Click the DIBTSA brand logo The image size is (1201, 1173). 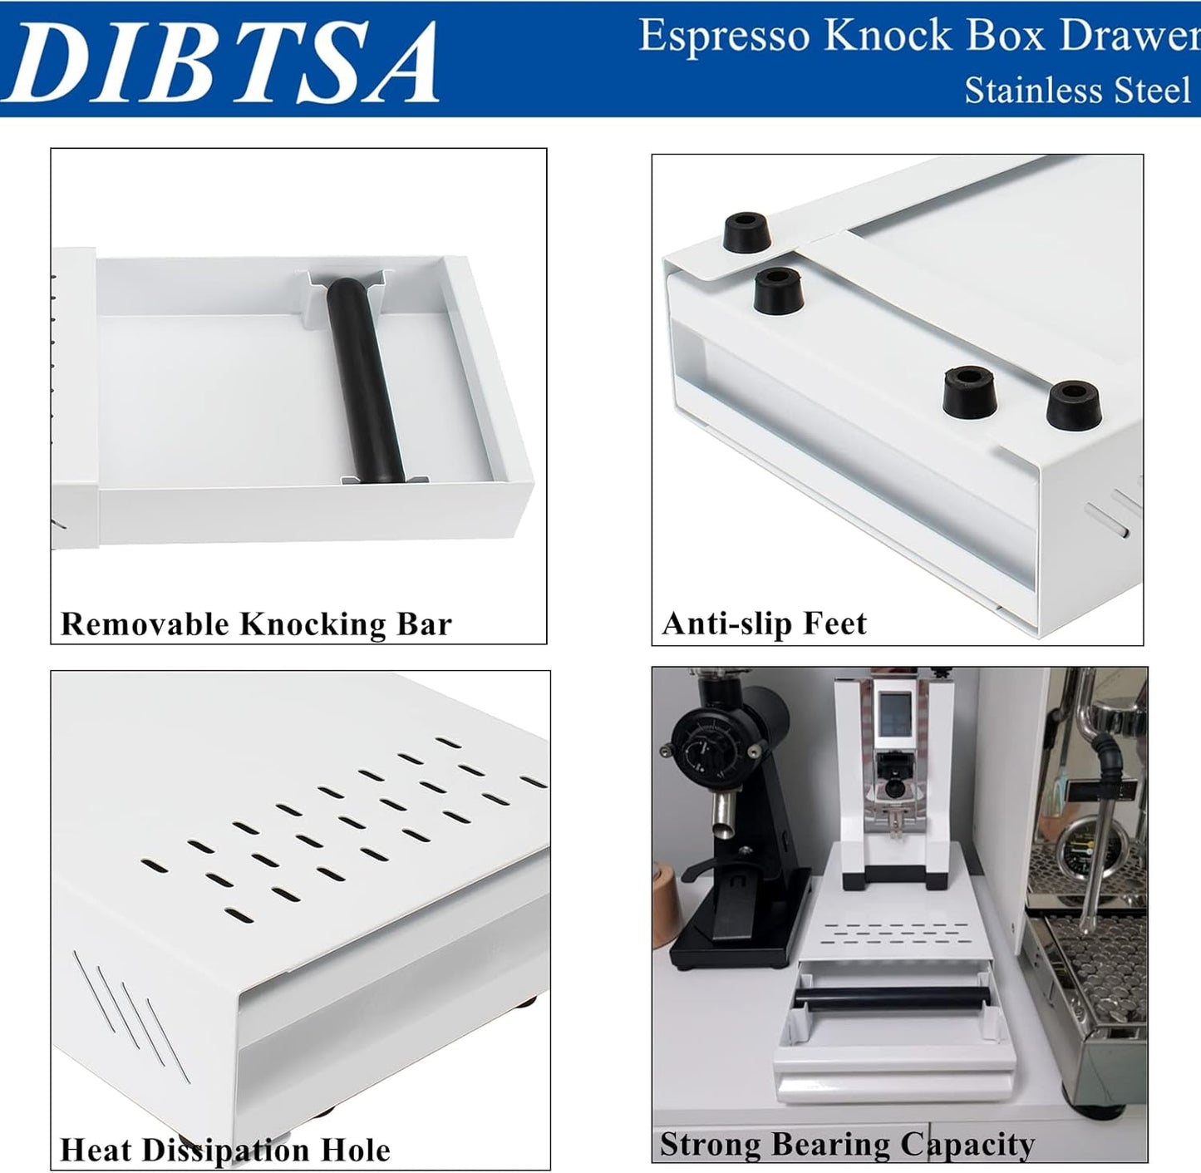(223, 62)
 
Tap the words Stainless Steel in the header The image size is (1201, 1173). (1077, 90)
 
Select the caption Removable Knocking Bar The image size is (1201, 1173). (256, 623)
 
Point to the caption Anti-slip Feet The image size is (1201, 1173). (764, 623)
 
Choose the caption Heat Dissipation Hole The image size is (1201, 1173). (224, 1150)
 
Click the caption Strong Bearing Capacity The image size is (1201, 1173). (847, 1145)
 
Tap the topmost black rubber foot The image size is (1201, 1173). (746, 231)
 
